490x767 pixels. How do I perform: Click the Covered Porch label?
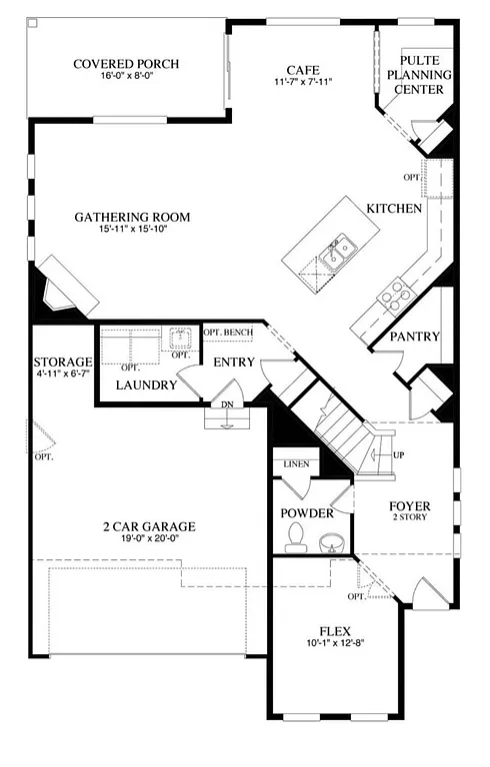126,65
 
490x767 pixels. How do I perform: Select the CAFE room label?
302,70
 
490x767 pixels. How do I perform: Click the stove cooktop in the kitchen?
395,292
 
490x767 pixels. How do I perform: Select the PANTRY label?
415,337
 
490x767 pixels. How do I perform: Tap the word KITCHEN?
394,209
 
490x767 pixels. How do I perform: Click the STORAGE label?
63,362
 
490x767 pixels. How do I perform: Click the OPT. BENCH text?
228,333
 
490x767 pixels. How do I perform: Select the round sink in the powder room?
333,543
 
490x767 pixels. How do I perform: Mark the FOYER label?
409,506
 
